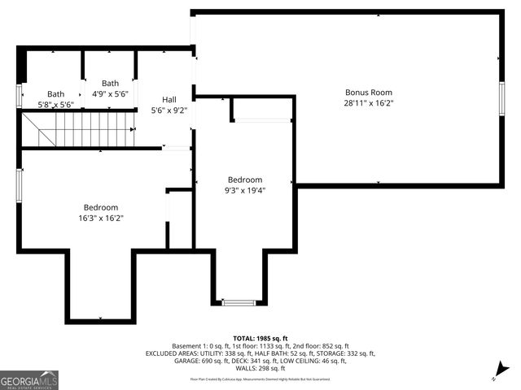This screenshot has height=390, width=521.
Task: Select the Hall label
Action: [169, 99]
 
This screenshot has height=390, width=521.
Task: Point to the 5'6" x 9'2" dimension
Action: [169, 110]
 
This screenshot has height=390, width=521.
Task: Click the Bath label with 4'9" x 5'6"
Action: [110, 83]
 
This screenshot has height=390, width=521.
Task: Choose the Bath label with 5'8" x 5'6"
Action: [55, 94]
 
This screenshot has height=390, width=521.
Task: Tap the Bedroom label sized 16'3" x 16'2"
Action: [101, 207]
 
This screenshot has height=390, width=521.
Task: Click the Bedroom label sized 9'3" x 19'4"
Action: [245, 180]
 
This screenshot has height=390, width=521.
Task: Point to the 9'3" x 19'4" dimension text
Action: [245, 190]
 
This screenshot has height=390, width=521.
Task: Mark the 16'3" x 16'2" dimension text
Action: [101, 218]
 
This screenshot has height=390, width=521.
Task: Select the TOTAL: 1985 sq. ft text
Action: [260, 338]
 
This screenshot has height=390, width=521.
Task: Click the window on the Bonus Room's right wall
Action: [501, 95]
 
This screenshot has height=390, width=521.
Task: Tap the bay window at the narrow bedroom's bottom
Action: [239, 303]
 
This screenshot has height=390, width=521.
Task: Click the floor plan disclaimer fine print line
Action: [260, 379]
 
